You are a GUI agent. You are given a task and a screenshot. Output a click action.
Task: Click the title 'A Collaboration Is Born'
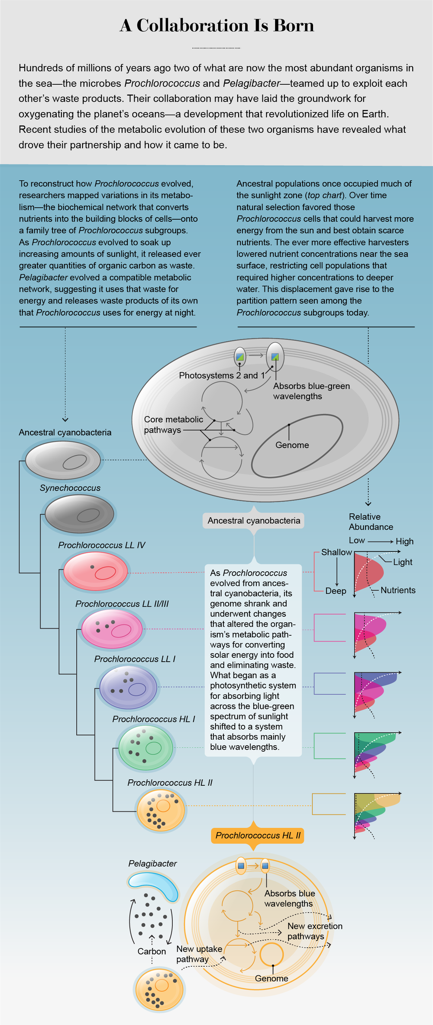[216, 26]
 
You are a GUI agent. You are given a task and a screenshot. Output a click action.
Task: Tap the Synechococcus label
[70, 488]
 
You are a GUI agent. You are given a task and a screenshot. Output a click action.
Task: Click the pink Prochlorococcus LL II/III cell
[112, 629]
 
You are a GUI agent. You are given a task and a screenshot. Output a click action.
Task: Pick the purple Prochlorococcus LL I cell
[128, 687]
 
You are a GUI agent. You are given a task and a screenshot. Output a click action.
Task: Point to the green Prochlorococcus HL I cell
[145, 748]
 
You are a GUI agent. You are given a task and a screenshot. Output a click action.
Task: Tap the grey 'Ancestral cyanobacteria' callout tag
[254, 520]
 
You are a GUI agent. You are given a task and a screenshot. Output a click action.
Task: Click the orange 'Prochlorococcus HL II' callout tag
[258, 835]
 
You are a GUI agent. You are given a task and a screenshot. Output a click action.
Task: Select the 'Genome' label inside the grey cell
[292, 445]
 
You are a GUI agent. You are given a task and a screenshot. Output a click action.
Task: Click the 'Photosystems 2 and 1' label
[222, 375]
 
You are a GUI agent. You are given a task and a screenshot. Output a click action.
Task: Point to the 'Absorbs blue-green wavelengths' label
[311, 391]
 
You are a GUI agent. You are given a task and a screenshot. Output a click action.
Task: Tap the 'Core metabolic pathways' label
[173, 425]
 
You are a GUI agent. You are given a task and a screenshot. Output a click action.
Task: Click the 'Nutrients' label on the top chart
[397, 590]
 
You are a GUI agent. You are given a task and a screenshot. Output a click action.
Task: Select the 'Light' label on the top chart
[402, 562]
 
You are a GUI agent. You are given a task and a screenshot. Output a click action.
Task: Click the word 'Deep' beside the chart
[336, 591]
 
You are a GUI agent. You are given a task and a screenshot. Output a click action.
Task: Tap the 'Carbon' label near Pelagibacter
[152, 951]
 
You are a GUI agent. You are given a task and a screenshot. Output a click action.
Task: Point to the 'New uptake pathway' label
[199, 954]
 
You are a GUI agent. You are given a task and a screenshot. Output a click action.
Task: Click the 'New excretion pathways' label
[314, 931]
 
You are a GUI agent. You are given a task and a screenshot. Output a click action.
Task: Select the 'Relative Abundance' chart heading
[371, 522]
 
